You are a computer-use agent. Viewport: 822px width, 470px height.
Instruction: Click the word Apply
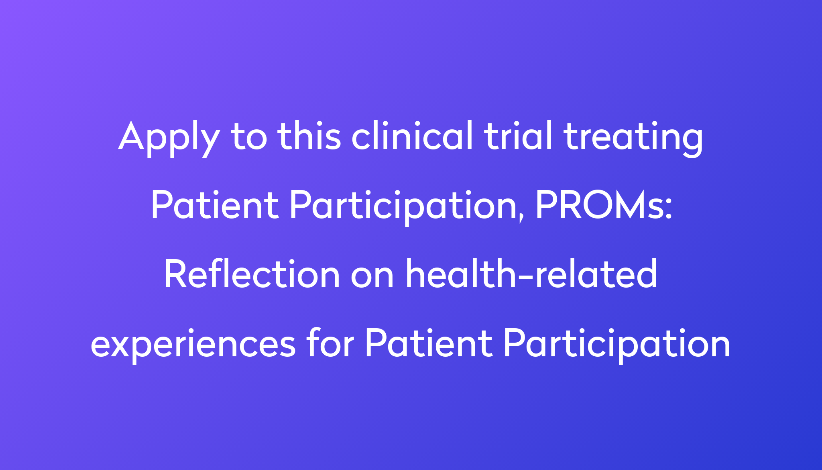[169, 138]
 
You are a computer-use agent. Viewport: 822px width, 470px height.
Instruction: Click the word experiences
[193, 345]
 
